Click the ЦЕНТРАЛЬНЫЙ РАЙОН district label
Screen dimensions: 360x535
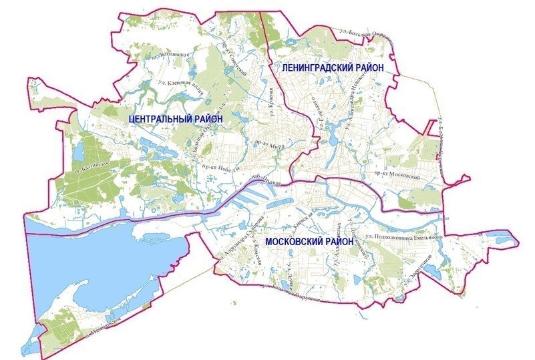[x=174, y=118]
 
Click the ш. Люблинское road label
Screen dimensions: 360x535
[x=172, y=54]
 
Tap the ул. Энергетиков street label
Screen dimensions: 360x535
[x=418, y=267]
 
